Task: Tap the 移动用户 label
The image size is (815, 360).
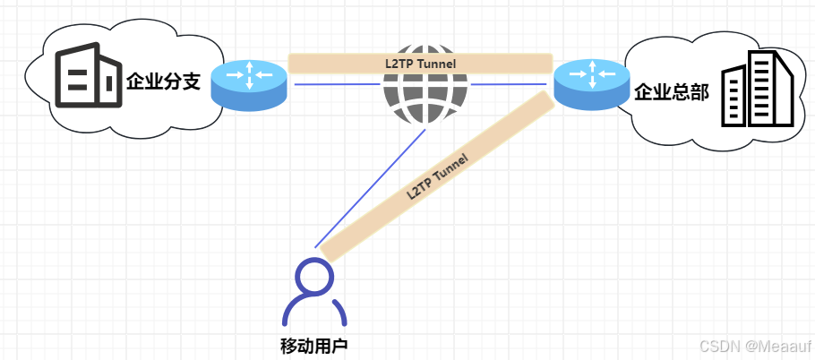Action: pos(313,345)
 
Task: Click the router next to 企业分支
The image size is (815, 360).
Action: pos(249,85)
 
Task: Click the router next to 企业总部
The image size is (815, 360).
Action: pos(590,84)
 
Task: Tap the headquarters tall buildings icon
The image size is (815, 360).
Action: pos(758,90)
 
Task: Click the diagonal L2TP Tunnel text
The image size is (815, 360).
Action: pos(437,173)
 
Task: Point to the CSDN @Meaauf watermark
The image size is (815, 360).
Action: pos(753,346)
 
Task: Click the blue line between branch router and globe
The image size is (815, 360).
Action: pos(336,84)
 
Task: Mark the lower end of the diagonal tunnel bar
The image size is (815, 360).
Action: pos(330,250)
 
